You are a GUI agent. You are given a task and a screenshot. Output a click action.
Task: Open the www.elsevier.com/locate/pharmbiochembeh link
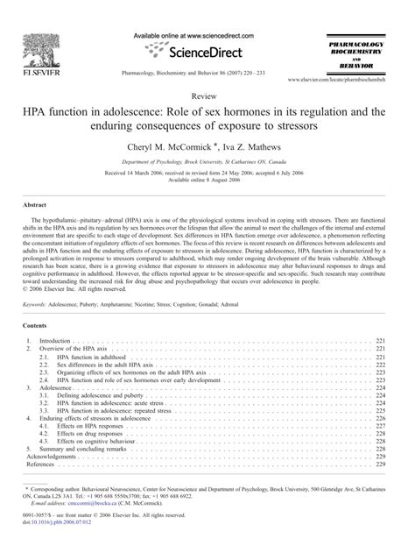[334, 79]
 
